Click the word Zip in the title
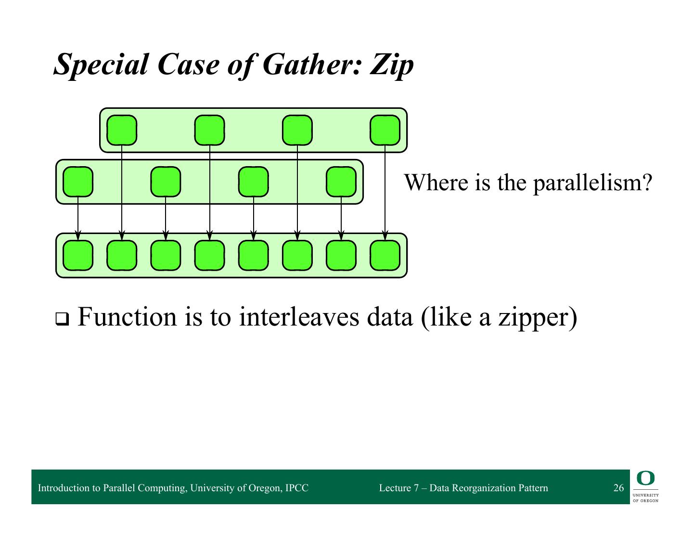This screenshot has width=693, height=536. (x=391, y=64)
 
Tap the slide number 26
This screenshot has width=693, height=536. (x=618, y=488)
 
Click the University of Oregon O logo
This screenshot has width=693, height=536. (x=645, y=478)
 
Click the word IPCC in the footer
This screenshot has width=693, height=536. (x=296, y=488)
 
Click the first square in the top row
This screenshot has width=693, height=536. (x=122, y=130)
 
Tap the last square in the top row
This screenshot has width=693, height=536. (x=385, y=130)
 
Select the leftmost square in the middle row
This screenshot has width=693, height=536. (x=78, y=182)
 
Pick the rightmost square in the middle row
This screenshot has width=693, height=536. (x=341, y=182)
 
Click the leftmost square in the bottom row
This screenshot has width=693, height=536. (x=78, y=255)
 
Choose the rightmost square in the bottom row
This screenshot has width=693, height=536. (x=385, y=255)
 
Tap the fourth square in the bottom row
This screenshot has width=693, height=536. (x=209, y=255)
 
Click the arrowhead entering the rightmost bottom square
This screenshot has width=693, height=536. (x=385, y=235)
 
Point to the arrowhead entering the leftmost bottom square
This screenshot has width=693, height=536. (x=78, y=235)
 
